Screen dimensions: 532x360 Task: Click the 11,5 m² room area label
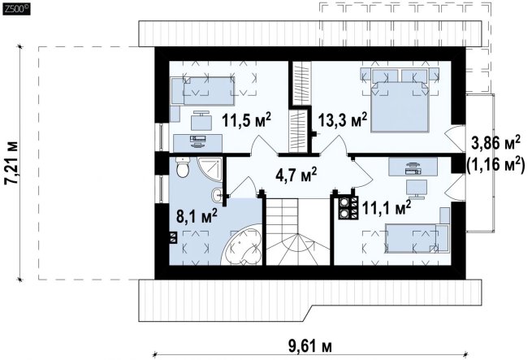(247, 120)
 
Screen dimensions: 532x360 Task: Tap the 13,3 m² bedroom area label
(342, 120)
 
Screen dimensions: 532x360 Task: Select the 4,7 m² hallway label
(296, 174)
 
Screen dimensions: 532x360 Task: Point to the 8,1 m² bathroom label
(197, 215)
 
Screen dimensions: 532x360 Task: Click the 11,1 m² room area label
(387, 207)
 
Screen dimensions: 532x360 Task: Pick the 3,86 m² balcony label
(495, 143)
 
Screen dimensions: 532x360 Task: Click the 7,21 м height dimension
(11, 163)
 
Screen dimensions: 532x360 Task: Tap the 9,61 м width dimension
(310, 346)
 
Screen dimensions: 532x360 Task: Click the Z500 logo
(16, 9)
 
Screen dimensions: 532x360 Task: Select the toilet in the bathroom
(183, 167)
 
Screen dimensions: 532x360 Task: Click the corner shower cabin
(210, 169)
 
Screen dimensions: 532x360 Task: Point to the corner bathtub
(242, 245)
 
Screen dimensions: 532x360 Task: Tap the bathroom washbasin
(217, 195)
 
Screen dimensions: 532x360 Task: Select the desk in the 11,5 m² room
(198, 143)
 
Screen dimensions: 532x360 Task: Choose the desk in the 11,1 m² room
(413, 167)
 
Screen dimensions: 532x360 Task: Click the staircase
(298, 232)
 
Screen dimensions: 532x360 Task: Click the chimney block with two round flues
(348, 207)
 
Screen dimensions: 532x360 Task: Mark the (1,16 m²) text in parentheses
(495, 165)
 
